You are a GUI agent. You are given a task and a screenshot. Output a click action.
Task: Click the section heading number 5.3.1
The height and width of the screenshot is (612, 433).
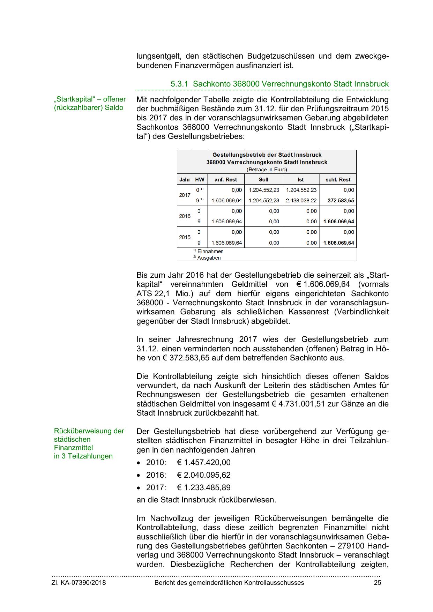point(179,84)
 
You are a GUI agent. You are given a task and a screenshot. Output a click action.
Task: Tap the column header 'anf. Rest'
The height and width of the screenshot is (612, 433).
point(225,180)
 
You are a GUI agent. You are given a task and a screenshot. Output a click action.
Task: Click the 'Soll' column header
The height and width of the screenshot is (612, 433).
point(263,180)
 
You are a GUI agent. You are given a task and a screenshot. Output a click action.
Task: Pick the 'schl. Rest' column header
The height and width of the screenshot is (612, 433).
point(338,180)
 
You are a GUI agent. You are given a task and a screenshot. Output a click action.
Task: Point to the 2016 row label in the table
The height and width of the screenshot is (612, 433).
point(185,216)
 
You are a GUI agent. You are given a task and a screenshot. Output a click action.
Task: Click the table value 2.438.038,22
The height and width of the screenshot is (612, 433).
point(301,201)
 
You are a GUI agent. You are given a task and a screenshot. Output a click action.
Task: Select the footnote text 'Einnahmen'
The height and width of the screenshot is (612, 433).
point(210,251)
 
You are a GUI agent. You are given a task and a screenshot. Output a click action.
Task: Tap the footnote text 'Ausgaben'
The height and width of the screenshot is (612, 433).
point(209,258)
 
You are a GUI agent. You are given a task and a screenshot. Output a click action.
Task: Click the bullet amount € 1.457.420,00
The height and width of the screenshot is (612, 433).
point(204,463)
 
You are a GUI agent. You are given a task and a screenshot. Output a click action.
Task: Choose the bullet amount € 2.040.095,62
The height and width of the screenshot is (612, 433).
point(204,475)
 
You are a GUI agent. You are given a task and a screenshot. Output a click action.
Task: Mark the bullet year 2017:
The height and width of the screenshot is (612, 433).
point(156,488)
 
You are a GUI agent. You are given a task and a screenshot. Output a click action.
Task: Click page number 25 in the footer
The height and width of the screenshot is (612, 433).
point(377,583)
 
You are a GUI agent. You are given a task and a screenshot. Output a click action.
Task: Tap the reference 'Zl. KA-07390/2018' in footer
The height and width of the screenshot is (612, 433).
point(79,583)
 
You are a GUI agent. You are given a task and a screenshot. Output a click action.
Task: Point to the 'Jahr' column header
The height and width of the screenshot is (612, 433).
point(185,180)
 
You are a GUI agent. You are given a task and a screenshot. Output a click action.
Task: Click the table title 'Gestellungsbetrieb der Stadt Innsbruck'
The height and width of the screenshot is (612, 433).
point(267,155)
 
